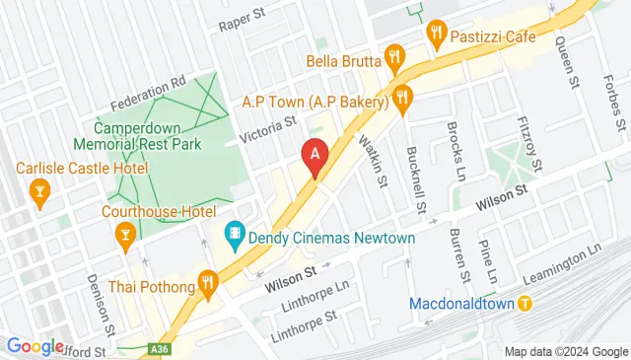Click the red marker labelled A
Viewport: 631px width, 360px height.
pos(315,155)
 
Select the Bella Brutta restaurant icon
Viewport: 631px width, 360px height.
pos(395,57)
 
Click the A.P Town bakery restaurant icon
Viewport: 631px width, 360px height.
pos(401,97)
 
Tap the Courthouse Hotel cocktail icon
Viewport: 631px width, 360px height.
pos(125,235)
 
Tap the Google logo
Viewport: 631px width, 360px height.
pos(35,346)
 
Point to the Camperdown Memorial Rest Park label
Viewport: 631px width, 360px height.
pos(148,136)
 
